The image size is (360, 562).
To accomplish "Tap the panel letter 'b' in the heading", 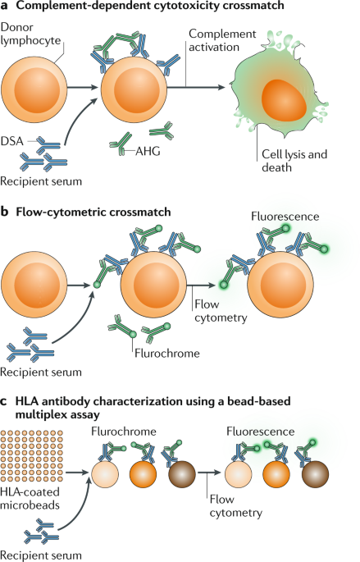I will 6,212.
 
